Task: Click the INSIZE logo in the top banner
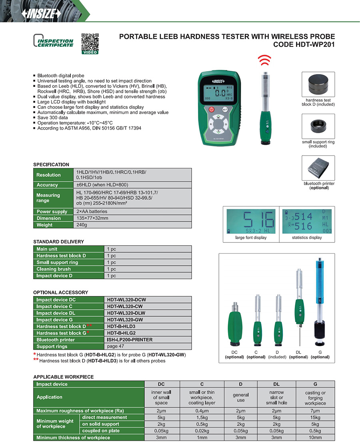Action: click(42, 14)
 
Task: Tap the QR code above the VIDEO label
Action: click(90, 42)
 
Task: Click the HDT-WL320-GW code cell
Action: click(125, 320)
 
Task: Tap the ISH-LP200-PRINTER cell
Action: click(130, 340)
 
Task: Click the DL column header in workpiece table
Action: click(276, 384)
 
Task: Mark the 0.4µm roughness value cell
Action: click(202, 410)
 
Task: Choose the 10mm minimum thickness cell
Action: click(315, 438)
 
